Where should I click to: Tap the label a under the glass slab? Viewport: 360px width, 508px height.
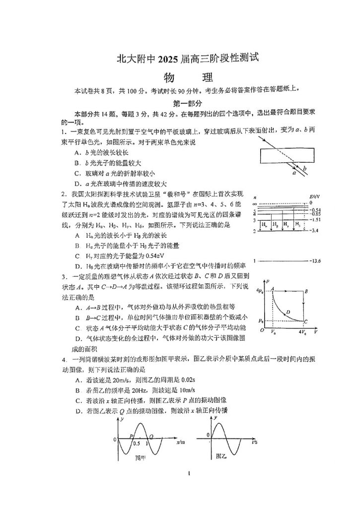point(294,174)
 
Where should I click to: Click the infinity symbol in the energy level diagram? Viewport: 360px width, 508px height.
point(254,203)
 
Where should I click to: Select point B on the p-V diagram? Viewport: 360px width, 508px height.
point(307,291)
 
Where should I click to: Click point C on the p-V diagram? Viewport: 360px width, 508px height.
point(306,321)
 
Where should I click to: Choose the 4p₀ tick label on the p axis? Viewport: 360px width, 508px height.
point(259,290)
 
